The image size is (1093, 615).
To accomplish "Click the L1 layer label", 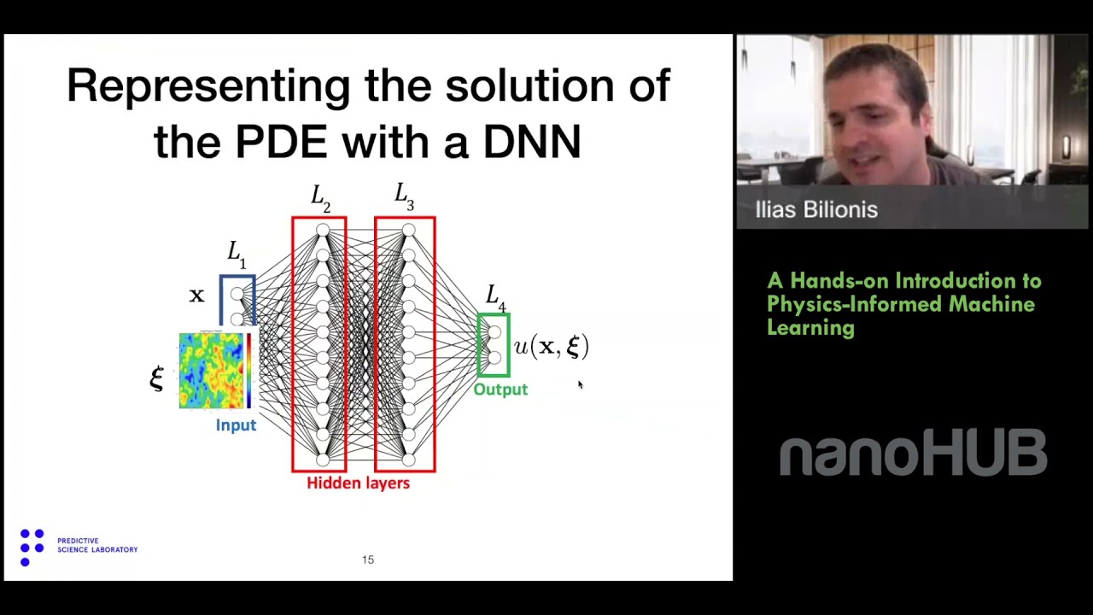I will [x=237, y=254].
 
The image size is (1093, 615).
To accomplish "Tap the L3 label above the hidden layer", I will [x=404, y=197].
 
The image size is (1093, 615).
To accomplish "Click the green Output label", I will [x=500, y=389].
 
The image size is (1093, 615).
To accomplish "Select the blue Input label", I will [x=236, y=425].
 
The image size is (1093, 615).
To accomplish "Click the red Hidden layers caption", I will [x=358, y=483].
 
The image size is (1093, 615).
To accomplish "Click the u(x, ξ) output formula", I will [x=551, y=346].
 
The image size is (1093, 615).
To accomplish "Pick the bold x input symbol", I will [x=197, y=296].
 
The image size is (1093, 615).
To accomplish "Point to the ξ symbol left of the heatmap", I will [x=156, y=378].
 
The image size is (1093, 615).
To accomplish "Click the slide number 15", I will [x=368, y=559].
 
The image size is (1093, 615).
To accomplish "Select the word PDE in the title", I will [x=280, y=142].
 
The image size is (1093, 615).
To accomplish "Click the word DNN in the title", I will [x=532, y=142].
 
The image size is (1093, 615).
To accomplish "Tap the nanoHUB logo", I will [x=912, y=454].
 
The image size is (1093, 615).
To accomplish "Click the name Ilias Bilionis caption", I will [x=816, y=210].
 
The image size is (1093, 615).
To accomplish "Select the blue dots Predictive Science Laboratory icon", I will [x=32, y=547].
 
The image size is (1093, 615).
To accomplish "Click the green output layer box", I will [x=494, y=345].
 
